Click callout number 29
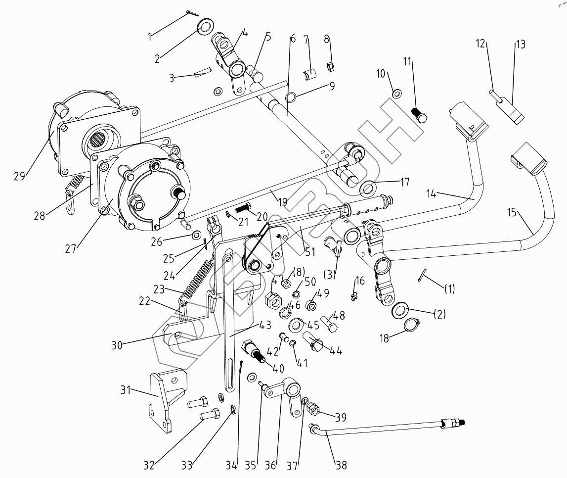[19, 176]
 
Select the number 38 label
[341, 465]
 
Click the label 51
[310, 252]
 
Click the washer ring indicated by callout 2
[205, 26]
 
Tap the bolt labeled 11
[419, 114]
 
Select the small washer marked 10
[396, 94]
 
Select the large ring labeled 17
[368, 188]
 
